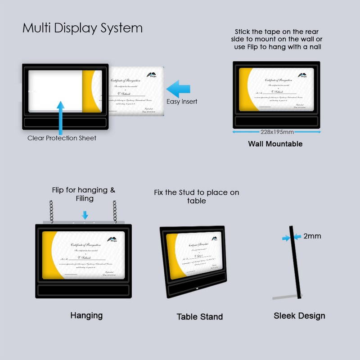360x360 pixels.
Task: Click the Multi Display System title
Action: [x=82, y=28]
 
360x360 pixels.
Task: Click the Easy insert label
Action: [x=182, y=102]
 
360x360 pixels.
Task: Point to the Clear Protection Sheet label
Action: [x=62, y=138]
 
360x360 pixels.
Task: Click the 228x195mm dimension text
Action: [x=277, y=132]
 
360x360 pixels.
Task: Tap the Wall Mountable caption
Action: [x=275, y=144]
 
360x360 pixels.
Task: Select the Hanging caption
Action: [x=86, y=315]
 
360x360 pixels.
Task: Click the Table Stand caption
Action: [x=199, y=317]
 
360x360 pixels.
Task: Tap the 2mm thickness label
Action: [x=312, y=236]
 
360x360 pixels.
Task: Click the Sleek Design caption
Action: [x=299, y=316]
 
